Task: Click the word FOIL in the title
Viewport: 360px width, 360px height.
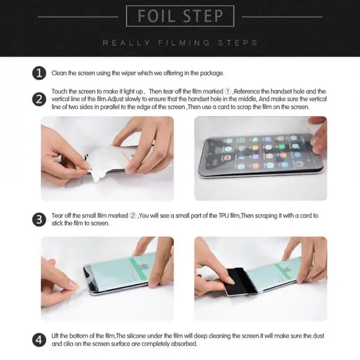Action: click(156, 16)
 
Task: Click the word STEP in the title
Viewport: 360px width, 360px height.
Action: click(203, 16)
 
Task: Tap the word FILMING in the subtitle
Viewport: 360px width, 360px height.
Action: click(184, 43)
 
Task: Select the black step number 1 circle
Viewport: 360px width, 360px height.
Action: click(39, 73)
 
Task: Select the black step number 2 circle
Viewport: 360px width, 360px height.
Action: click(39, 99)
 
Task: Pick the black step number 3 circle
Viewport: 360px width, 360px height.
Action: click(39, 220)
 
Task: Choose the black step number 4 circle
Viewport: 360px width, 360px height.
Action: click(39, 340)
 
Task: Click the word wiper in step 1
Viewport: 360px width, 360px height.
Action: click(129, 73)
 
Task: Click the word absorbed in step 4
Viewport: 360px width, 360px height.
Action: click(186, 344)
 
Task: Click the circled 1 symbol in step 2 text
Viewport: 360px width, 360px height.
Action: click(228, 92)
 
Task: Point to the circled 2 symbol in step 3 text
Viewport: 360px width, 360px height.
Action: click(133, 215)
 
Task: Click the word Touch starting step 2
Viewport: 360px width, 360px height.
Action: click(59, 92)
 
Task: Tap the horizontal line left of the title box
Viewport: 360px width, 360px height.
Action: click(78, 17)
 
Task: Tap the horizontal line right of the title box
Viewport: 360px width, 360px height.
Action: click(282, 17)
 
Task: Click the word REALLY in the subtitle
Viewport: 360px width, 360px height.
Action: click(127, 43)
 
